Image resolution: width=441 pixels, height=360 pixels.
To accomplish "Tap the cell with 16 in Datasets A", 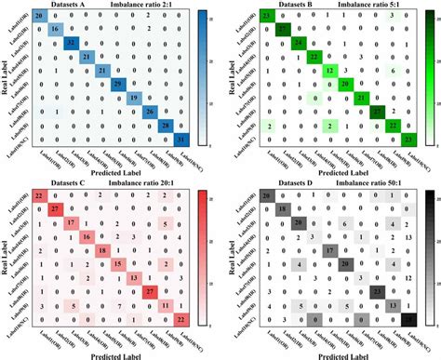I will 54,31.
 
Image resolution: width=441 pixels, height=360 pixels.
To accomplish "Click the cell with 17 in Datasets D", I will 329,251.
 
